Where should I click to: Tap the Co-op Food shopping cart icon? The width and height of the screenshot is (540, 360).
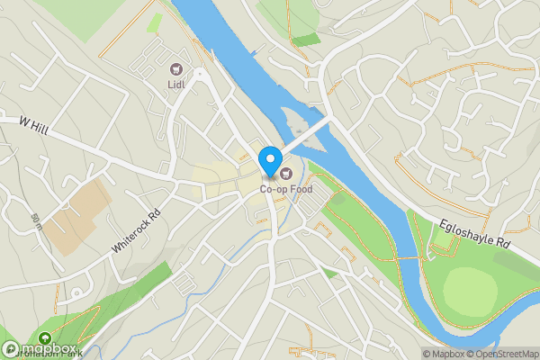click(x=286, y=174)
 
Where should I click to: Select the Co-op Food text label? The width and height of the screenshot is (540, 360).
click(x=286, y=190)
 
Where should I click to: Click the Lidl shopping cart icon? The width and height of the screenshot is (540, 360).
click(x=175, y=69)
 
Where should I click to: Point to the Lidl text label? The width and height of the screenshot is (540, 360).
click(x=175, y=85)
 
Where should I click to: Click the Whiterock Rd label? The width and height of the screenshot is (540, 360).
click(x=136, y=229)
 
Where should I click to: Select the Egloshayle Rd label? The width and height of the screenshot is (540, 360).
click(x=475, y=236)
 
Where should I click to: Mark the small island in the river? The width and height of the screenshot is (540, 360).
click(x=298, y=119)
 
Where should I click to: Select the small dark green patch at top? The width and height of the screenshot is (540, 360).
click(x=306, y=40)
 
